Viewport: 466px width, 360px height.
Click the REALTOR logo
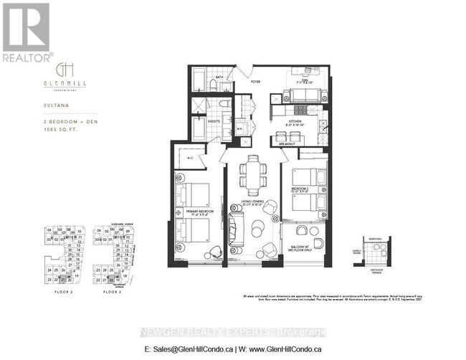pos(27,32)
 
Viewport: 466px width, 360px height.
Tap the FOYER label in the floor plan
pos(254,81)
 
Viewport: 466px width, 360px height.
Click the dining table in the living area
pos(251,172)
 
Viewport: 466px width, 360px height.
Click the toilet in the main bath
pos(214,85)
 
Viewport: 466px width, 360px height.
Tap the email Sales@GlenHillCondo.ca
pos(190,349)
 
